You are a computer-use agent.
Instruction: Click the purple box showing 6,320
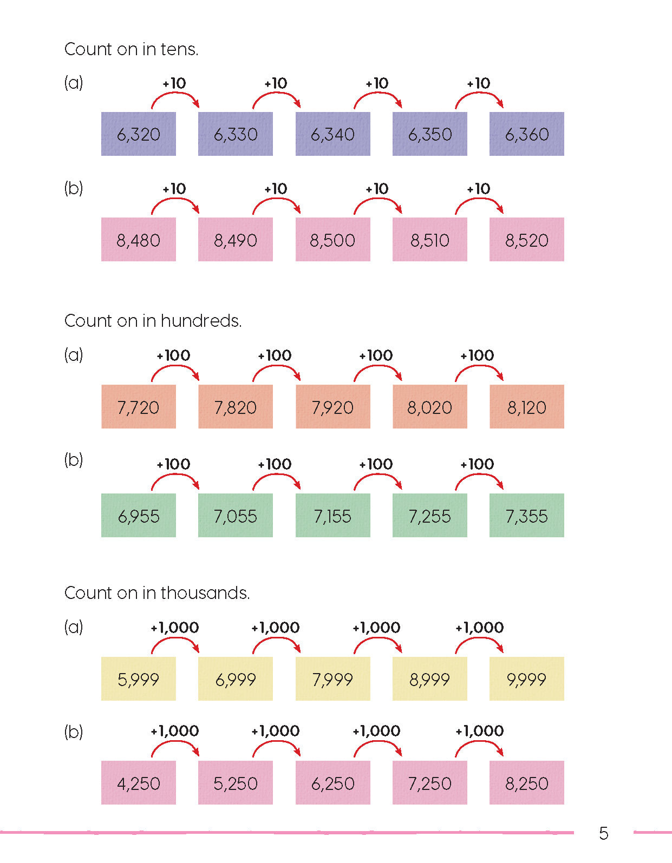pyautogui.click(x=138, y=134)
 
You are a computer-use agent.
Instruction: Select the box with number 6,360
pyautogui.click(x=526, y=134)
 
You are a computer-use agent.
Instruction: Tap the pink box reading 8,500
pyautogui.click(x=332, y=240)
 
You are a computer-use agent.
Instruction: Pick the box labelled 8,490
pyautogui.click(x=235, y=240)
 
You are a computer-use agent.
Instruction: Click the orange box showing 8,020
pyautogui.click(x=429, y=407)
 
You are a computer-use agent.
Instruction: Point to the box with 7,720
pyautogui.click(x=138, y=407)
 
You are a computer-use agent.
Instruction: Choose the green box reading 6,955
pyautogui.click(x=138, y=516)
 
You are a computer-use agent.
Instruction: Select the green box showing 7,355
pyautogui.click(x=526, y=516)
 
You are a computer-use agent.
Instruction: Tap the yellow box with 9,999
pyautogui.click(x=526, y=679)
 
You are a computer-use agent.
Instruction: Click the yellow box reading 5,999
pyautogui.click(x=138, y=679)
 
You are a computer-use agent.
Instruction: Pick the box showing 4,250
pyautogui.click(x=138, y=783)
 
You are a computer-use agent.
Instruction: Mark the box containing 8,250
pyautogui.click(x=526, y=783)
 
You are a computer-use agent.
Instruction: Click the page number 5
pyautogui.click(x=604, y=833)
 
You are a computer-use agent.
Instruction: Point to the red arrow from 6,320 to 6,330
pyautogui.click(x=175, y=99)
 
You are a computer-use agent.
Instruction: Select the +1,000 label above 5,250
pyautogui.click(x=174, y=731)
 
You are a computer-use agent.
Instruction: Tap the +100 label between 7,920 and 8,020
pyautogui.click(x=376, y=355)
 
